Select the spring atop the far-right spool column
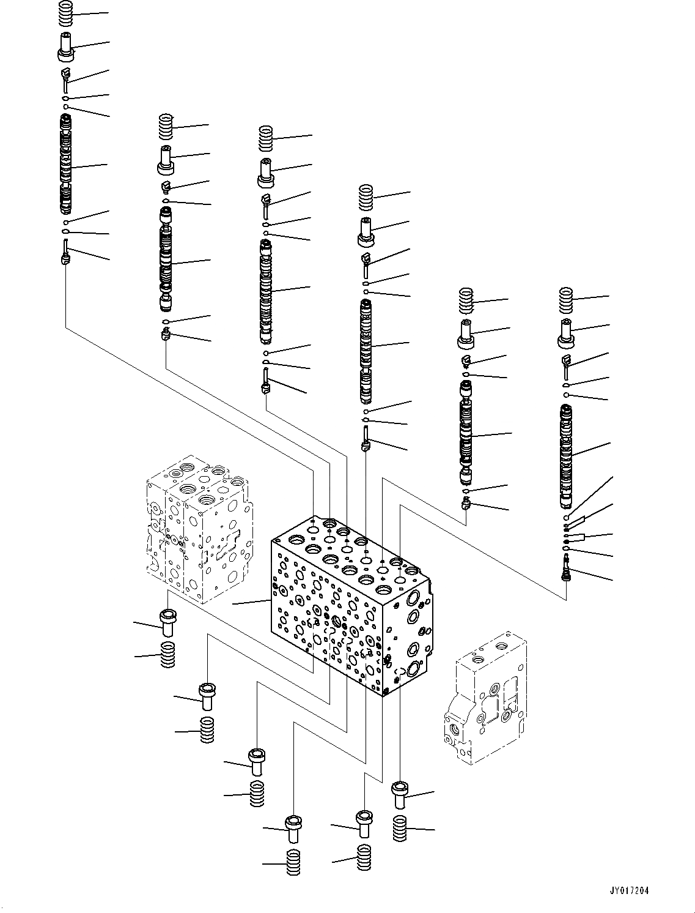click(x=566, y=299)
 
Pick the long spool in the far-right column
click(x=566, y=456)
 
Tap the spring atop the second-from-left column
click(x=165, y=127)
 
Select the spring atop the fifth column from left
click(x=467, y=300)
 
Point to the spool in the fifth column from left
click(x=466, y=431)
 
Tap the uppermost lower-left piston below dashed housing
click(x=167, y=622)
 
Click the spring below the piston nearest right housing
click(x=400, y=829)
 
